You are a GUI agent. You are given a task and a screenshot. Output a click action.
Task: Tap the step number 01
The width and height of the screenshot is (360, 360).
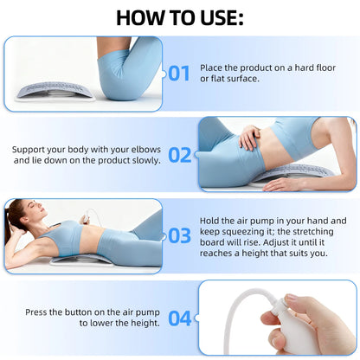point(179,73)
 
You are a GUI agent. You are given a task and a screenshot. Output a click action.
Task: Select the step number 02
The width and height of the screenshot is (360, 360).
point(179,155)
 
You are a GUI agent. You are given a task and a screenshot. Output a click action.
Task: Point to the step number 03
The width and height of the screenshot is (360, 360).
point(179,235)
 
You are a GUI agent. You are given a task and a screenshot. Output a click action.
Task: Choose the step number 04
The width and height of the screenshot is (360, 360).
point(179,318)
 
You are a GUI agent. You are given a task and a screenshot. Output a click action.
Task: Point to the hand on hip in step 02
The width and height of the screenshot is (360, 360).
point(250,136)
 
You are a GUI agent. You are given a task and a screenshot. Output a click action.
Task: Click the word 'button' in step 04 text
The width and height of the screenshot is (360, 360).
point(90,311)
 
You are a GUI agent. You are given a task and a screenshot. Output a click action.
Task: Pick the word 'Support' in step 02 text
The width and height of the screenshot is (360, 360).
point(32,148)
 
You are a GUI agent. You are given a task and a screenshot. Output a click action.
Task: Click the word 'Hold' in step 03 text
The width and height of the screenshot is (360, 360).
point(210,221)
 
